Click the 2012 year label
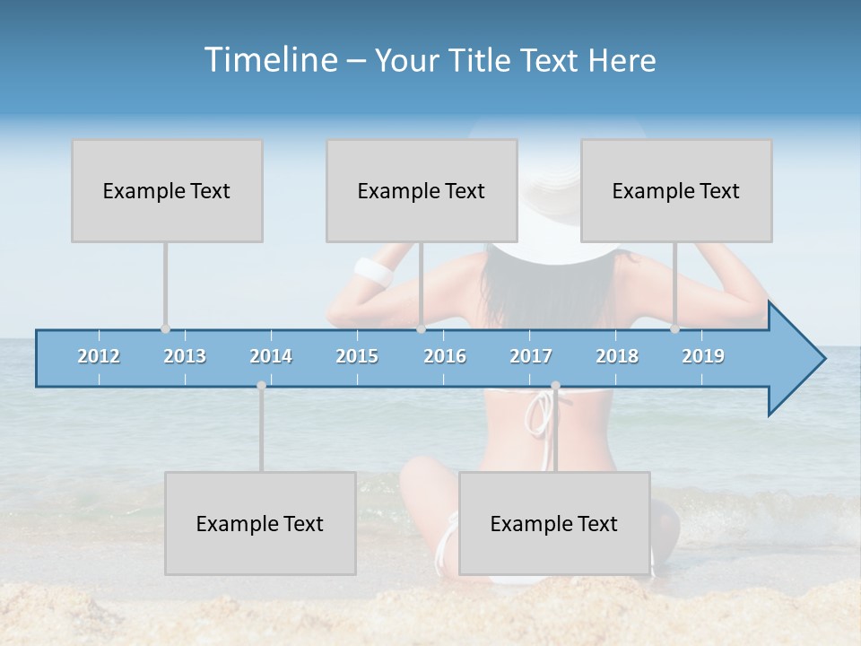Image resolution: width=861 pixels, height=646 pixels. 99,356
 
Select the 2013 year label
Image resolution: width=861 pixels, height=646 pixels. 185,356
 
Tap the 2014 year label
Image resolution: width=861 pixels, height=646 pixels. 271,356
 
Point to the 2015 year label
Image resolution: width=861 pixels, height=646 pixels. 357,356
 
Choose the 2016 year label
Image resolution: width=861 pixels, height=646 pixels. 445,356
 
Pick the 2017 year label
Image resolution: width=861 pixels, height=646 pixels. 531,356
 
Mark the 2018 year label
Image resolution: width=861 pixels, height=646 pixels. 617,356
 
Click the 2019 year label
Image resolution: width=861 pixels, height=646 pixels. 703,356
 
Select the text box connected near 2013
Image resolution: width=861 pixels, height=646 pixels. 167,190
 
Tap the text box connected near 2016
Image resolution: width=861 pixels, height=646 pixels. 422,190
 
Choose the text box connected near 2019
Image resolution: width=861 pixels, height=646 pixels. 676,190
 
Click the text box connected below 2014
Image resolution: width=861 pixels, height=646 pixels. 260,523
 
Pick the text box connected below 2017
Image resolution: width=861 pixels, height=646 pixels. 554,523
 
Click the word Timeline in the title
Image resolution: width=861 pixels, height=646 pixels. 269,60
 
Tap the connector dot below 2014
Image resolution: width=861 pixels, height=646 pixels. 261,386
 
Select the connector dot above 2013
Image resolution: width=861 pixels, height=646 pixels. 165,329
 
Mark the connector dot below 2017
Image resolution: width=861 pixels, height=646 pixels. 555,386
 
